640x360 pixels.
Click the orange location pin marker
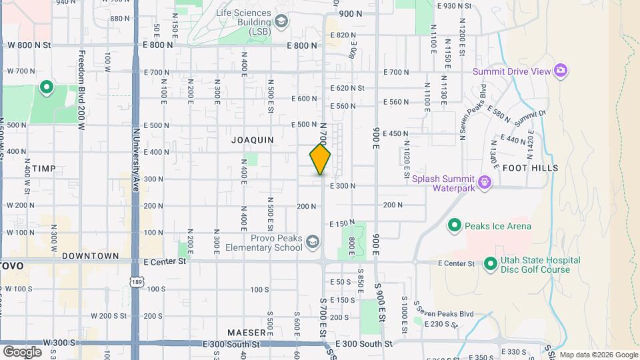pyautogui.click(x=320, y=159)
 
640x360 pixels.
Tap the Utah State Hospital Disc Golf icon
pyautogui.click(x=491, y=265)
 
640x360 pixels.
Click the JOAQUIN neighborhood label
pyautogui.click(x=253, y=140)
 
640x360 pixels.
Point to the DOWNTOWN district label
pyautogui.click(x=90, y=256)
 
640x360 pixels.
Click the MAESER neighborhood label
pyautogui.click(x=247, y=331)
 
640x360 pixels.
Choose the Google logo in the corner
pyautogui.click(x=22, y=351)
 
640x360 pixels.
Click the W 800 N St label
pyautogui.click(x=29, y=45)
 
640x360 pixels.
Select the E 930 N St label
pyautogui.click(x=455, y=6)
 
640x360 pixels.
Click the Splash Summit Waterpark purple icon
pyautogui.click(x=485, y=181)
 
